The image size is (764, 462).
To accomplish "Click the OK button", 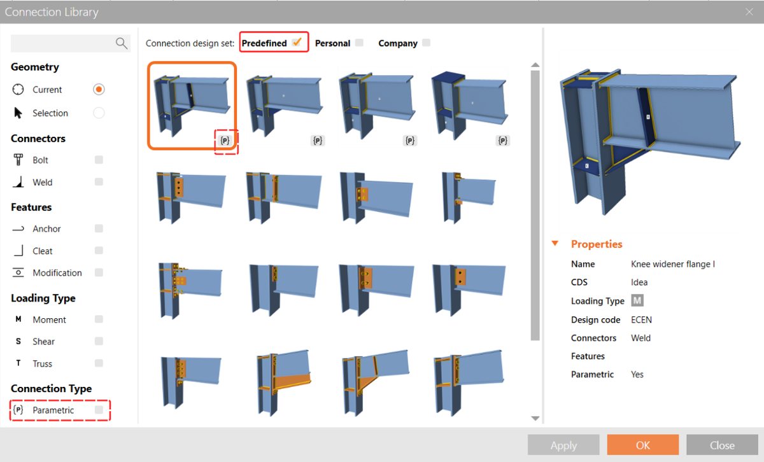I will pyautogui.click(x=642, y=445).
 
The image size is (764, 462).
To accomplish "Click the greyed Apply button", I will pyautogui.click(x=563, y=445).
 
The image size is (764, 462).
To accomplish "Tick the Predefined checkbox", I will pyautogui.click(x=297, y=43).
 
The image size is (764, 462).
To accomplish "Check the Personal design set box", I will pyautogui.click(x=359, y=43).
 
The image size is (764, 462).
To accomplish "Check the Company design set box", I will pyautogui.click(x=426, y=43).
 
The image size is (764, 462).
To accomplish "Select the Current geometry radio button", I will pyautogui.click(x=99, y=90).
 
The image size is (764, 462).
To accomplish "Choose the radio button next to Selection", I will pyautogui.click(x=99, y=113).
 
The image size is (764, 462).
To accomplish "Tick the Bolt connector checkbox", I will pyautogui.click(x=99, y=160).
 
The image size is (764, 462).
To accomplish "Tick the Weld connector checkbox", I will pyautogui.click(x=99, y=182).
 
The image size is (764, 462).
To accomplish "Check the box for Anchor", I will pyautogui.click(x=99, y=228).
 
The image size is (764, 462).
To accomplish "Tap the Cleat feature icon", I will pyautogui.click(x=18, y=251).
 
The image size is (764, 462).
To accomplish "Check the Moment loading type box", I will pyautogui.click(x=99, y=319).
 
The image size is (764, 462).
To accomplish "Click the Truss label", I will pyautogui.click(x=43, y=363).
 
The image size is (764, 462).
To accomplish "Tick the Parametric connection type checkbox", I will pyautogui.click(x=99, y=410).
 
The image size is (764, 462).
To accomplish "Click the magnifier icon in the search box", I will pyautogui.click(x=122, y=43).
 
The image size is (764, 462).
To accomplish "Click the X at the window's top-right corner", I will pyautogui.click(x=749, y=11).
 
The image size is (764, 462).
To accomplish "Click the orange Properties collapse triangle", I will pyautogui.click(x=555, y=244).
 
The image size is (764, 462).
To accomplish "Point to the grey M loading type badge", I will pyautogui.click(x=637, y=300).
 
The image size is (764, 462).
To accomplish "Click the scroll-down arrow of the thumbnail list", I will pyautogui.click(x=535, y=418).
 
